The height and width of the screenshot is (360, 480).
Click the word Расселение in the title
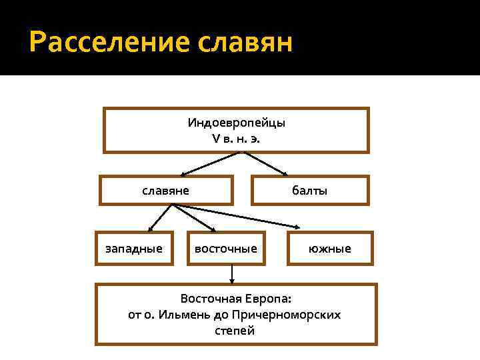pyautogui.click(x=109, y=43)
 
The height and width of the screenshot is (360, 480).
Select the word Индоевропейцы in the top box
pyautogui.click(x=237, y=123)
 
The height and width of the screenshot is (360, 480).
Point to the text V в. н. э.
pyautogui.click(x=237, y=138)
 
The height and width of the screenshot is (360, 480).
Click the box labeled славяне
pyautogui.click(x=166, y=190)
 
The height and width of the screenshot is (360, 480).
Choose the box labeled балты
pyautogui.click(x=309, y=190)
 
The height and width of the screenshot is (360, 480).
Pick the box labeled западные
pyautogui.click(x=134, y=249)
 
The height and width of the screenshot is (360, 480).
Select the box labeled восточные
pyautogui.click(x=225, y=249)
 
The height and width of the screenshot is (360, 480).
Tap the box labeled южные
pyautogui.click(x=330, y=249)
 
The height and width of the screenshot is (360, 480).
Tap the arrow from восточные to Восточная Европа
pyautogui.click(x=232, y=273)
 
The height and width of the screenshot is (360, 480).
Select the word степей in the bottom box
pyautogui.click(x=235, y=331)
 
